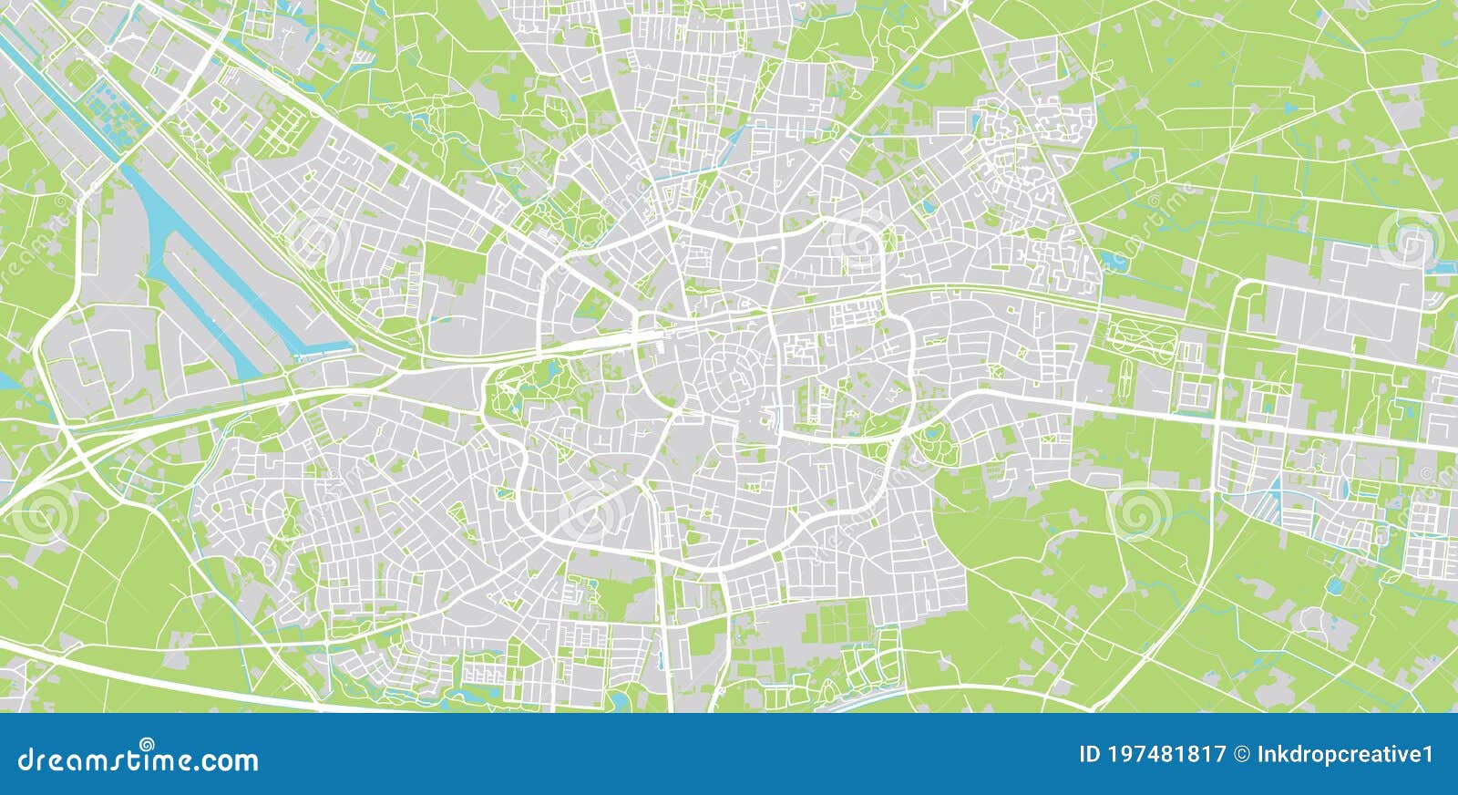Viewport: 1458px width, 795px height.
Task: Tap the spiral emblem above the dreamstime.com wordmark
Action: [x=146, y=743]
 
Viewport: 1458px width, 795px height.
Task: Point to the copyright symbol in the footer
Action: [x=1241, y=755]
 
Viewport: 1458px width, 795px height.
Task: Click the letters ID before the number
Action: [x=1090, y=755]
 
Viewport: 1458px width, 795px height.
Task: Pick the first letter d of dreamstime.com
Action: [x=26, y=759]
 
